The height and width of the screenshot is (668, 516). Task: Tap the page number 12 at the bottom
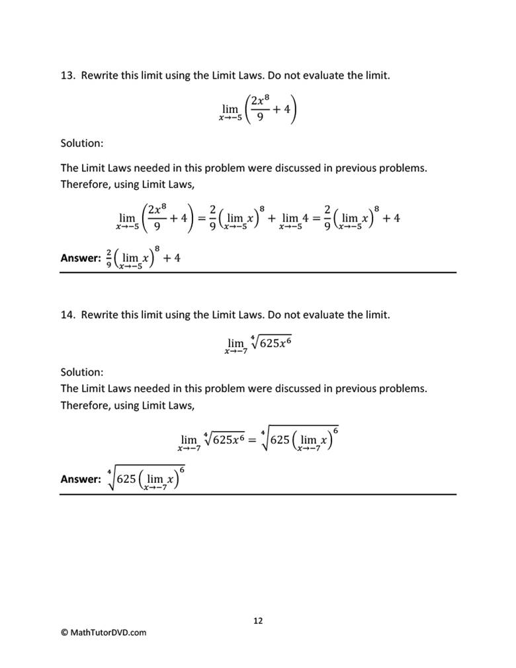[x=258, y=620]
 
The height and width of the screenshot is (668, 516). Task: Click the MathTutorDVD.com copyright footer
[x=104, y=632]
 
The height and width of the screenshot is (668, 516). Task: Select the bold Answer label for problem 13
[x=80, y=258]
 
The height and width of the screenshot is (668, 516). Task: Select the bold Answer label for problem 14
[x=80, y=479]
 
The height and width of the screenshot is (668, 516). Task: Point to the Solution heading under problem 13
[x=82, y=143]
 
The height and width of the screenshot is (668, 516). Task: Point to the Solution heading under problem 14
[x=82, y=372]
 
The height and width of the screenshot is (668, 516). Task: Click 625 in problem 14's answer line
[x=127, y=480]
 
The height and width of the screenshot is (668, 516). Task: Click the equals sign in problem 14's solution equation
[x=251, y=439]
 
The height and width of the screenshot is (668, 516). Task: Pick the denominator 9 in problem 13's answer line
[x=108, y=264]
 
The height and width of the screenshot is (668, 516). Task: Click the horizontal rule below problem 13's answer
[x=258, y=272]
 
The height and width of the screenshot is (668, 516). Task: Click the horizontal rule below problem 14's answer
[x=258, y=494]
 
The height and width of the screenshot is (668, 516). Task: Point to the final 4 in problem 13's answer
[x=177, y=258]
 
